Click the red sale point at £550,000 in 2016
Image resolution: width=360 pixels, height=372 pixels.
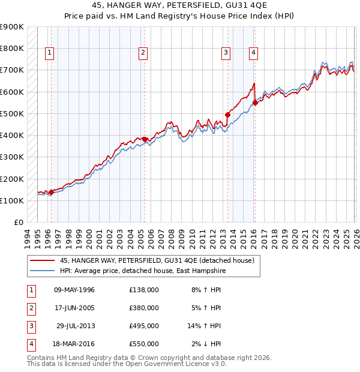[x=255, y=103]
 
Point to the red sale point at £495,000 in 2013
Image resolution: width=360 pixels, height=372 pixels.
[x=227, y=115]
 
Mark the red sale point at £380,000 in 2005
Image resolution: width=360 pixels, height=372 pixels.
[x=145, y=139]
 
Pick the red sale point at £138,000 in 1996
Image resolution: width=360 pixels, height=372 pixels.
[x=51, y=192]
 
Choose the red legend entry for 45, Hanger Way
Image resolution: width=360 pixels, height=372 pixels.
[x=157, y=260]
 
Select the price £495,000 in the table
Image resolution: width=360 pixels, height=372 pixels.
[x=143, y=326]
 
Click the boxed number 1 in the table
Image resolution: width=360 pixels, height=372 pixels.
[x=30, y=290]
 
